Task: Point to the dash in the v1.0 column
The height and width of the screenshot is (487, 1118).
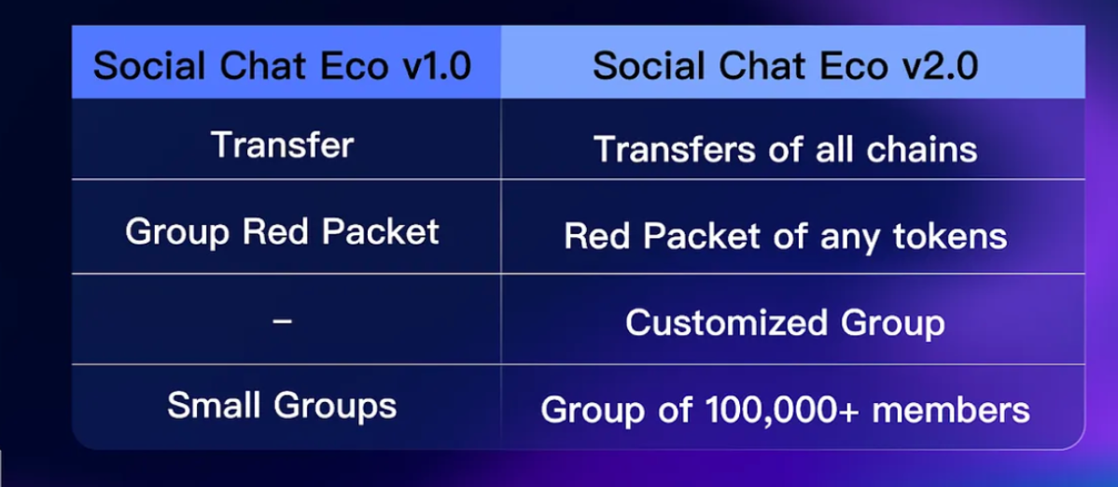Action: point(283,321)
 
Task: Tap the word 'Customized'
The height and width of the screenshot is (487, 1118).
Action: point(727,323)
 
